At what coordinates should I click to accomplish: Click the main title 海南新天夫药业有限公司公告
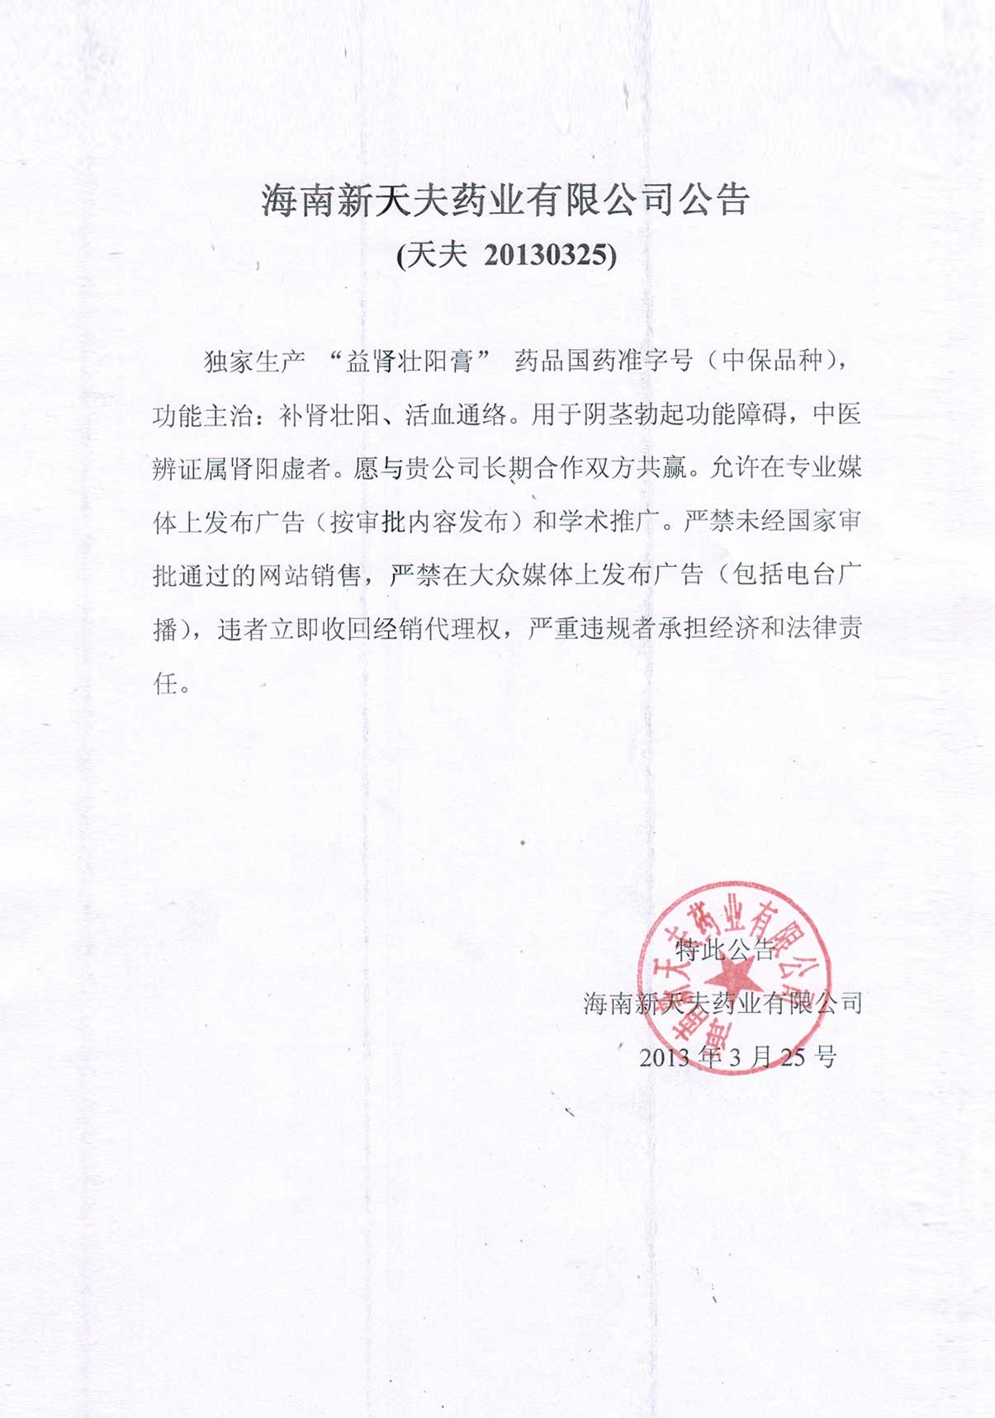click(x=505, y=201)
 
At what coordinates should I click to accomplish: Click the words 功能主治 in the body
click(x=203, y=415)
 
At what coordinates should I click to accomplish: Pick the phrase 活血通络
click(x=456, y=415)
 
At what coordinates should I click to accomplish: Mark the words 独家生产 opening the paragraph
click(x=254, y=362)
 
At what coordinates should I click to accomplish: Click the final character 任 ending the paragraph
click(x=166, y=683)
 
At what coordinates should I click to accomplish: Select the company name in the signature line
click(x=723, y=1003)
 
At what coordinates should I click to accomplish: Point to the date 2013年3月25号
click(x=737, y=1056)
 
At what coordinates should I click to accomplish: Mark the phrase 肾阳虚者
click(x=281, y=469)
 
